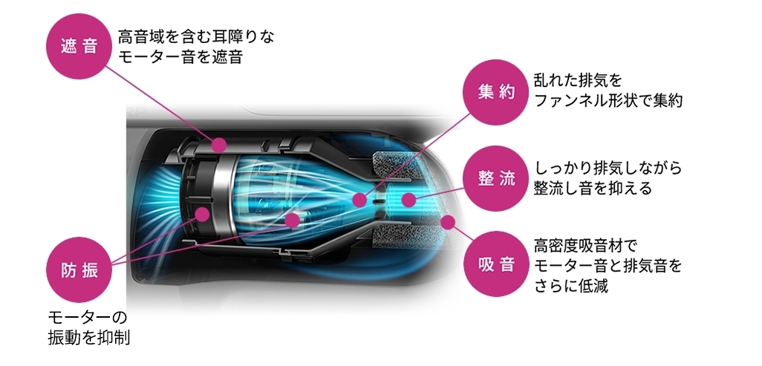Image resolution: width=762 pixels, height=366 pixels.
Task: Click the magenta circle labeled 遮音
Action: (80, 46)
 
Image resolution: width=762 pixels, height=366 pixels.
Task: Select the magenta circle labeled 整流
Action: (497, 178)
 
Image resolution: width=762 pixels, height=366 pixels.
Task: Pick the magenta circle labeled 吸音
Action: (497, 264)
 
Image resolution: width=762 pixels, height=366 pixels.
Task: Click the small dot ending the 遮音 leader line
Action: (219, 146)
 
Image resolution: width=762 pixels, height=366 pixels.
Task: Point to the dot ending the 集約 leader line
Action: (360, 199)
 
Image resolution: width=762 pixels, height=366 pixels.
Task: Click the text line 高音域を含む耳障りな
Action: (195, 36)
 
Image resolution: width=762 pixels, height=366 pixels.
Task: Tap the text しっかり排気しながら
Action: (608, 167)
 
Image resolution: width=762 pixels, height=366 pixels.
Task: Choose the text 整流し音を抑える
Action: (593, 189)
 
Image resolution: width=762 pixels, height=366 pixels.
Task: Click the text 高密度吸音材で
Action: (586, 244)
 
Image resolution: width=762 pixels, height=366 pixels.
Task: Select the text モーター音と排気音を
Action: (608, 265)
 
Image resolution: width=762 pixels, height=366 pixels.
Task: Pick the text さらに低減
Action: (571, 286)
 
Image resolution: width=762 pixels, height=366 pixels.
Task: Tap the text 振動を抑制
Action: (88, 337)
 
